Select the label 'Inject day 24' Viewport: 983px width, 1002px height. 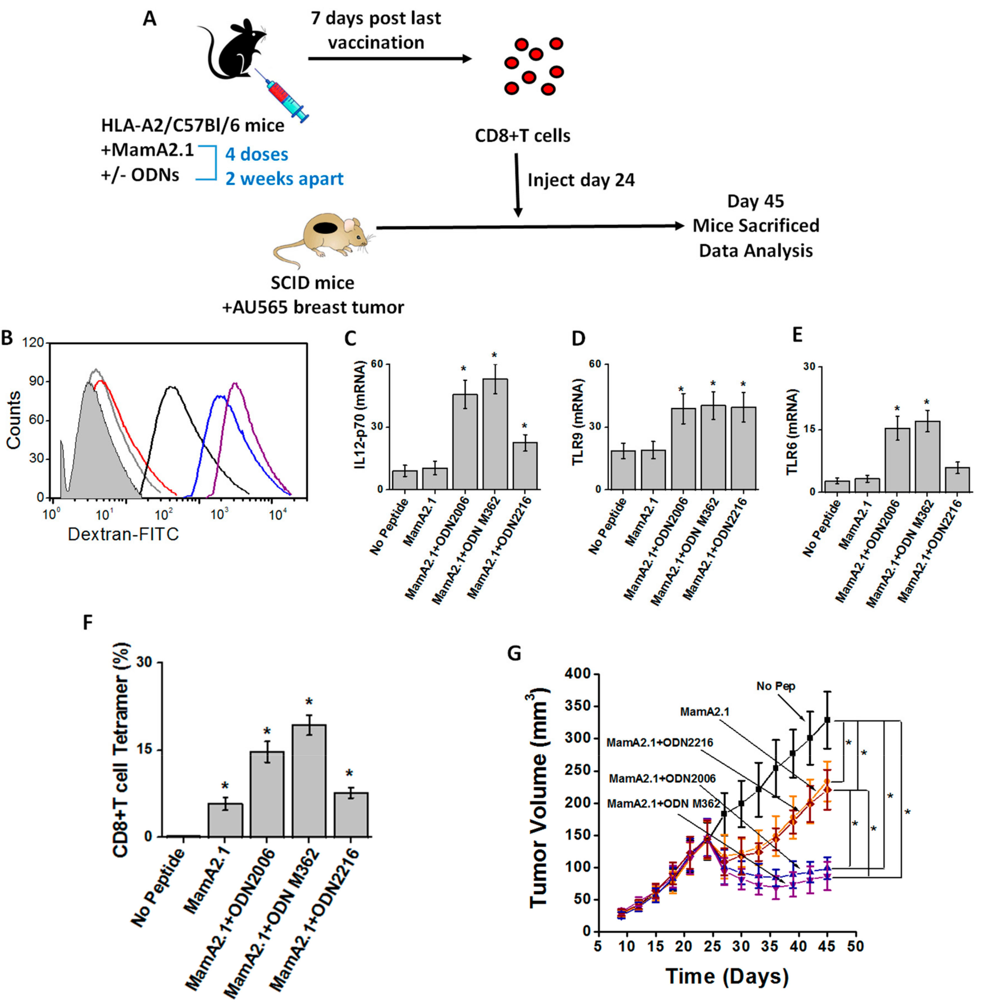[581, 180]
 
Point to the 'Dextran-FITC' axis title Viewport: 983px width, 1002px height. [123, 534]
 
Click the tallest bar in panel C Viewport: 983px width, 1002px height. [495, 434]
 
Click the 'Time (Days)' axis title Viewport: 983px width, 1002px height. [727, 976]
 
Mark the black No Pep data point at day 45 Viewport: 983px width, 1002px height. [827, 719]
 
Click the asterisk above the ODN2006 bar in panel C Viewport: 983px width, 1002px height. [464, 369]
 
